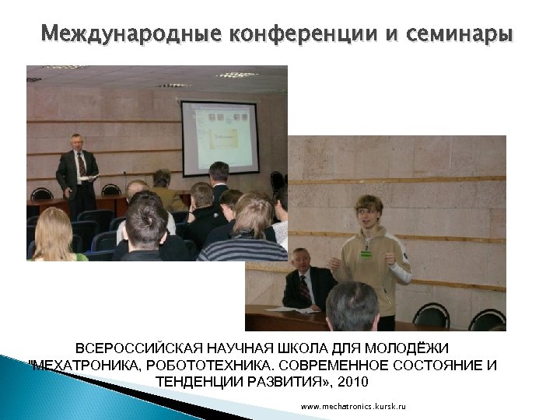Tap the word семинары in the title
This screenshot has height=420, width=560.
[x=465, y=34]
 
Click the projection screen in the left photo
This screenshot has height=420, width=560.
[x=220, y=136]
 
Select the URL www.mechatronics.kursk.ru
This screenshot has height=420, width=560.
[x=353, y=407]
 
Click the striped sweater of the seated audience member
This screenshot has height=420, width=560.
[x=242, y=249]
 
